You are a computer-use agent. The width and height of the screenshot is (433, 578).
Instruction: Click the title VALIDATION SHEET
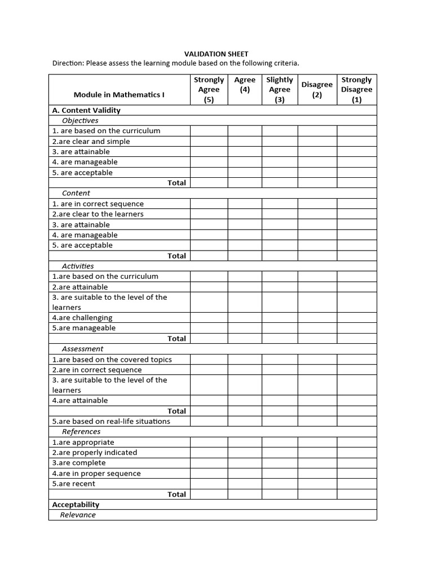pos(216,54)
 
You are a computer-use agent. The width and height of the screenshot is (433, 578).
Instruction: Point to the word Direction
pos(67,63)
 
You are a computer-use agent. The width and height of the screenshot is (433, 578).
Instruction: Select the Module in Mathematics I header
pos(119,94)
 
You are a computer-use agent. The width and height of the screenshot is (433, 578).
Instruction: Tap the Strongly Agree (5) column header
pos(209,90)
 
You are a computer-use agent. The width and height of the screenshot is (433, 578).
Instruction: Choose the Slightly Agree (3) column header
pos(280,90)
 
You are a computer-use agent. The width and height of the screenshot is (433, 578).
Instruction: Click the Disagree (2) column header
pos(317,90)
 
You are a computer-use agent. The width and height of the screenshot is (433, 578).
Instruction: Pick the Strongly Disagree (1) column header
pos(356,90)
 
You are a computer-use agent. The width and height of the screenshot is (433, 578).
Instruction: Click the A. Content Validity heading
pos(86,110)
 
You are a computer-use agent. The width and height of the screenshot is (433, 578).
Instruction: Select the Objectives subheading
pos(80,120)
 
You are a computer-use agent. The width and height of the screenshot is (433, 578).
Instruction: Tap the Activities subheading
pos(78,266)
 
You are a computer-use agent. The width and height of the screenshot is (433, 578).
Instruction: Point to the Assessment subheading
pos(82,349)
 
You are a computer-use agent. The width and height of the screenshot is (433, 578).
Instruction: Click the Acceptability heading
pos(76,505)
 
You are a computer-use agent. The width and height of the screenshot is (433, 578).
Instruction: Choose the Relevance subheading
pos(78,515)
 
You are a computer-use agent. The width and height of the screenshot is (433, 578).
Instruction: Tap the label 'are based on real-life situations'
pos(111,421)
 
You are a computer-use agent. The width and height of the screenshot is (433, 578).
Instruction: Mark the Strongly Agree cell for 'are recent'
pos(209,484)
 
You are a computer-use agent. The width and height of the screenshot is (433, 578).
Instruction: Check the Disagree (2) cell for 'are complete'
pos(317,463)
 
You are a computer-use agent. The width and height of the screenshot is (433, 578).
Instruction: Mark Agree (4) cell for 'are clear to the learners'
pos(245,214)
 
